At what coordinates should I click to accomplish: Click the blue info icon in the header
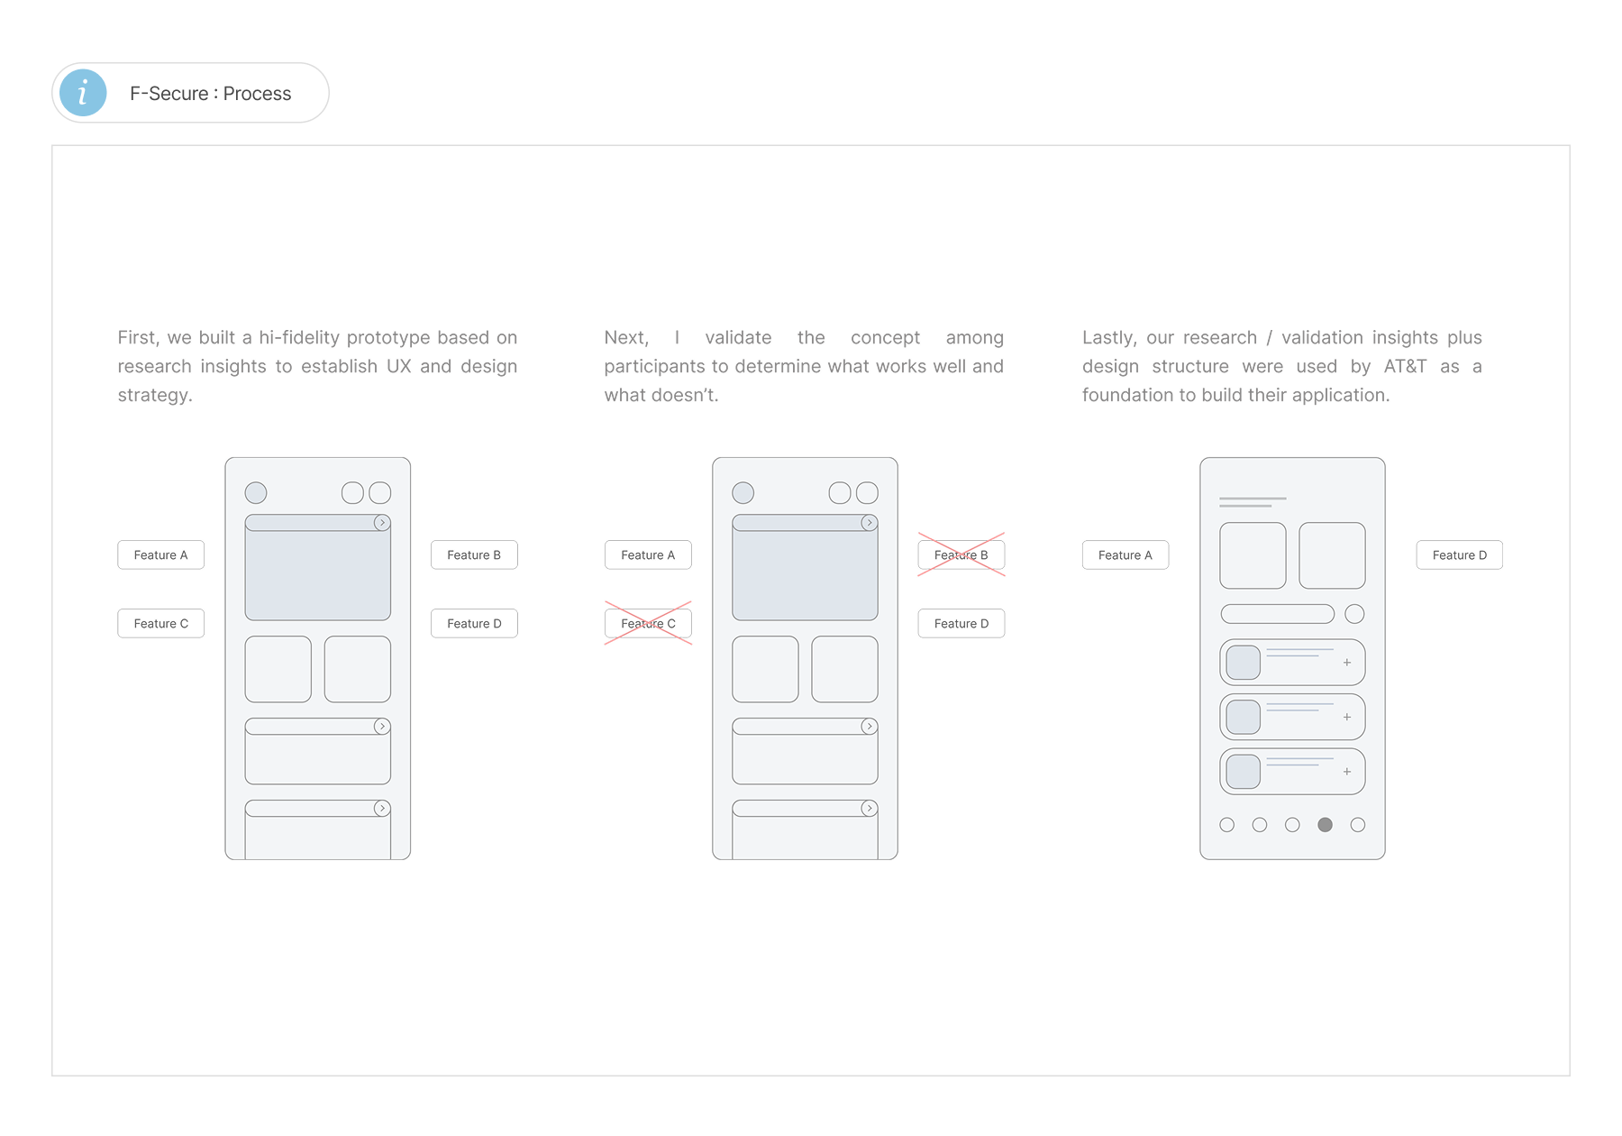click(x=83, y=93)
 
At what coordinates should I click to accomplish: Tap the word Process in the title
click(x=257, y=94)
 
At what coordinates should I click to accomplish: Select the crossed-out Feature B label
click(x=961, y=554)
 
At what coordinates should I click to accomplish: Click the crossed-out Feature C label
click(x=648, y=623)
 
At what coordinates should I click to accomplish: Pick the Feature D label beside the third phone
click(x=1460, y=554)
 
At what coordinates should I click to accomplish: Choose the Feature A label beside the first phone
click(x=161, y=554)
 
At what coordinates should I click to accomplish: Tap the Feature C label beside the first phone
click(x=161, y=623)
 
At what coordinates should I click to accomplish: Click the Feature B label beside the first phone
click(x=474, y=554)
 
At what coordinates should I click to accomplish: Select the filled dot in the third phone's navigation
click(x=1325, y=825)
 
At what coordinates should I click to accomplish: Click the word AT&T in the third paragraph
click(x=1406, y=366)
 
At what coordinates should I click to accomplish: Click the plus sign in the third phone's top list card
click(x=1347, y=663)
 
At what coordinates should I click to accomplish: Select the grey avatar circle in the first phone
click(x=256, y=492)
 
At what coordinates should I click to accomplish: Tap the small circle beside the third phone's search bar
click(x=1354, y=614)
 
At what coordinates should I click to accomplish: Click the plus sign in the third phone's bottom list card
click(x=1347, y=772)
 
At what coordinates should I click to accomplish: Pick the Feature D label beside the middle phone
click(x=961, y=623)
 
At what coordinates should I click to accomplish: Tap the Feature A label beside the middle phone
click(x=648, y=554)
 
